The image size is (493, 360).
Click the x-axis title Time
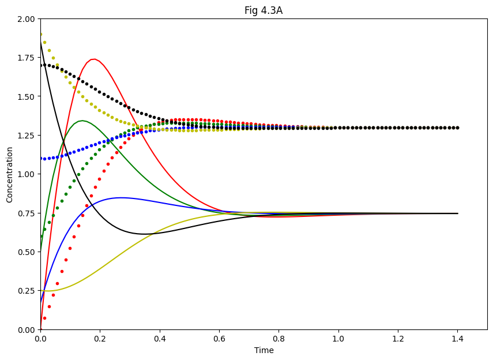tap(264, 350)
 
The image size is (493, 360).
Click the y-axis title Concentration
tap(10, 174)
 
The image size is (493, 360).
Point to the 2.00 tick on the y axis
tap(25, 18)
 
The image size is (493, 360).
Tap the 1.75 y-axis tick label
tap(25, 58)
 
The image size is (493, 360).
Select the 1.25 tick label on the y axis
tap(25, 135)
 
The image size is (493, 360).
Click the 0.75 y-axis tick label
tap(25, 213)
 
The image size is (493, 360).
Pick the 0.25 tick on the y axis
tap(25, 291)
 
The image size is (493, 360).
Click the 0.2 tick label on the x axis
tap(100, 338)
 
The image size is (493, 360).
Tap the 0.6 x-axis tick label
tap(219, 338)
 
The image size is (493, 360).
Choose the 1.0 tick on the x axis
tap(338, 338)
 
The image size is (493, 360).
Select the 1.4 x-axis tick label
tap(457, 338)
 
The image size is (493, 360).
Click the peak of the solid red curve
tap(93, 59)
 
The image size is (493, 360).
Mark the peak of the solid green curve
tap(82, 121)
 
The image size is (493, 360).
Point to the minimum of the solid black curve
tap(145, 234)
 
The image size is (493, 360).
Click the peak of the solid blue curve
tap(121, 198)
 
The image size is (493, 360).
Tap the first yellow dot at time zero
tap(40, 35)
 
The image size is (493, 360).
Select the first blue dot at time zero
tap(40, 159)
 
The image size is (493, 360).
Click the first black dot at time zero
tap(40, 65)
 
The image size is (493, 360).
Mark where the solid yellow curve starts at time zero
tap(41, 291)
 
